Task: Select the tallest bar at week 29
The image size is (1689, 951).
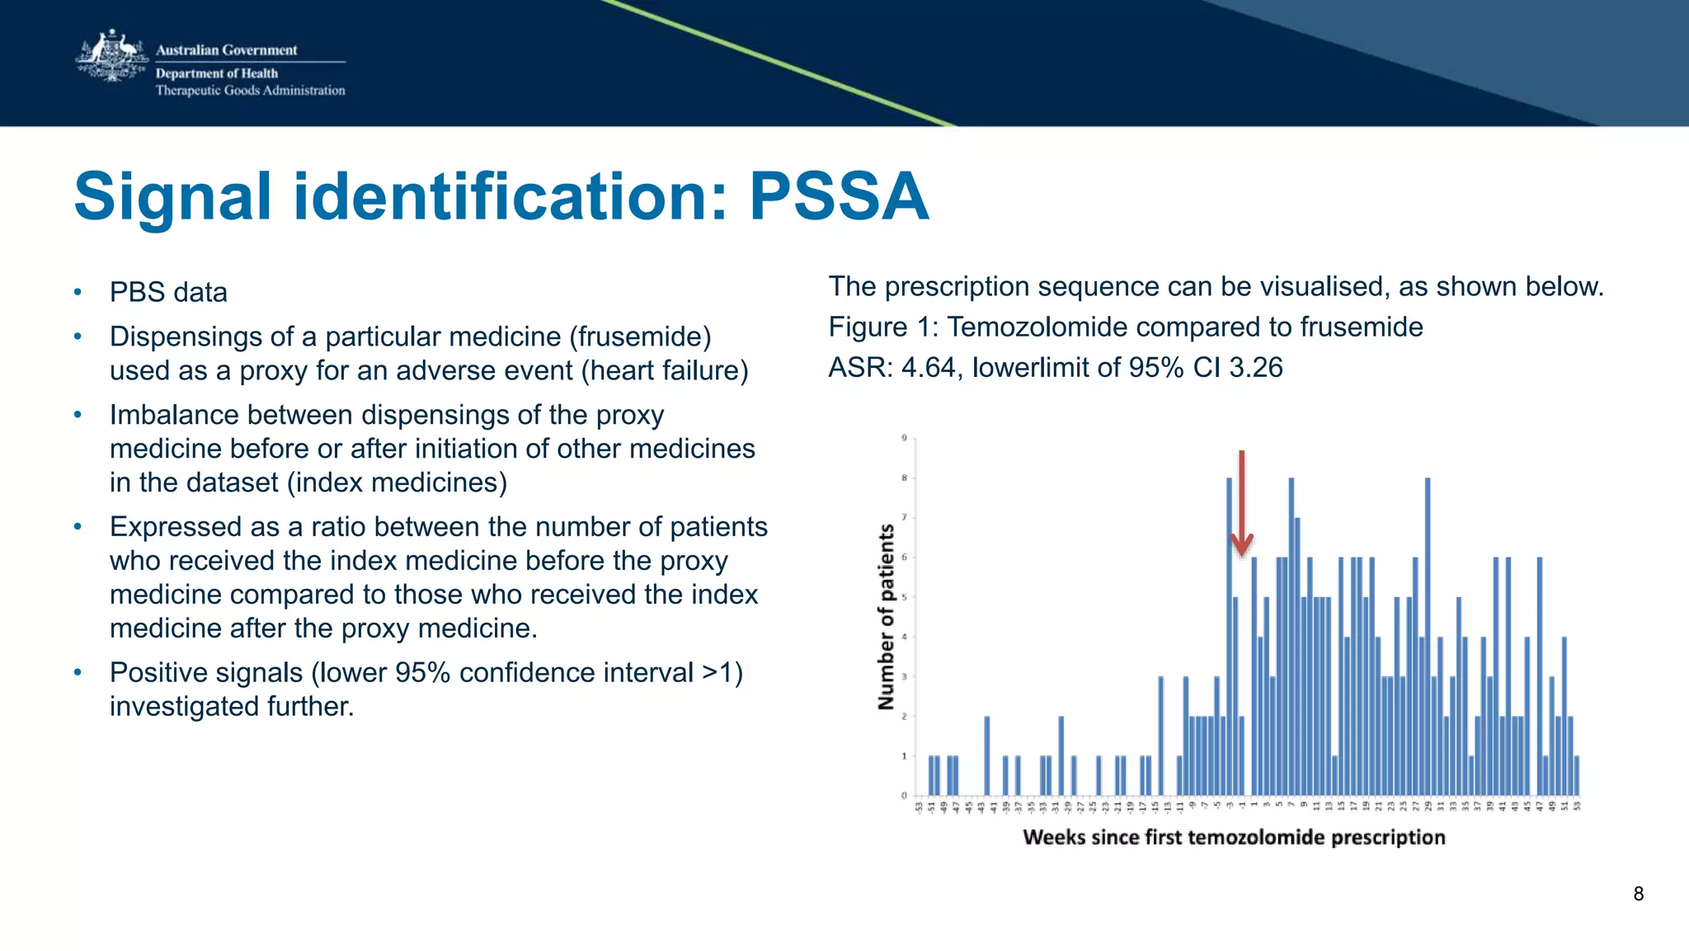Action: coord(1427,635)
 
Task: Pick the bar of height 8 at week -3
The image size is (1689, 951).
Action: coord(1229,635)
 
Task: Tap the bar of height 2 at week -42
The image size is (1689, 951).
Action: coord(987,756)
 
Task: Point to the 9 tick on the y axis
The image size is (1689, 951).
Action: coord(904,438)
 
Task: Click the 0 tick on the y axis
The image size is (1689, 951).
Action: coord(904,795)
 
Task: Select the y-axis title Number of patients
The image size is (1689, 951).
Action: coord(887,616)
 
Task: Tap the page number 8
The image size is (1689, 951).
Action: coord(1638,893)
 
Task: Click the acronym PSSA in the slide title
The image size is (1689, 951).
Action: coord(839,196)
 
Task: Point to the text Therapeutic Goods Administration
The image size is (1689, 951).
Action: coord(250,91)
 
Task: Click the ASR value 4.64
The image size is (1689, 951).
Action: coord(928,367)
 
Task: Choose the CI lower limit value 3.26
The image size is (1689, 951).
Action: coord(1255,367)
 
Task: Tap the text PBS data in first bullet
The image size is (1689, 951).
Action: coord(168,292)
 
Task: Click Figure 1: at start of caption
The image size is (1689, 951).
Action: coord(882,327)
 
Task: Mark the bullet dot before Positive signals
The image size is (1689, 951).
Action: coord(78,672)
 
